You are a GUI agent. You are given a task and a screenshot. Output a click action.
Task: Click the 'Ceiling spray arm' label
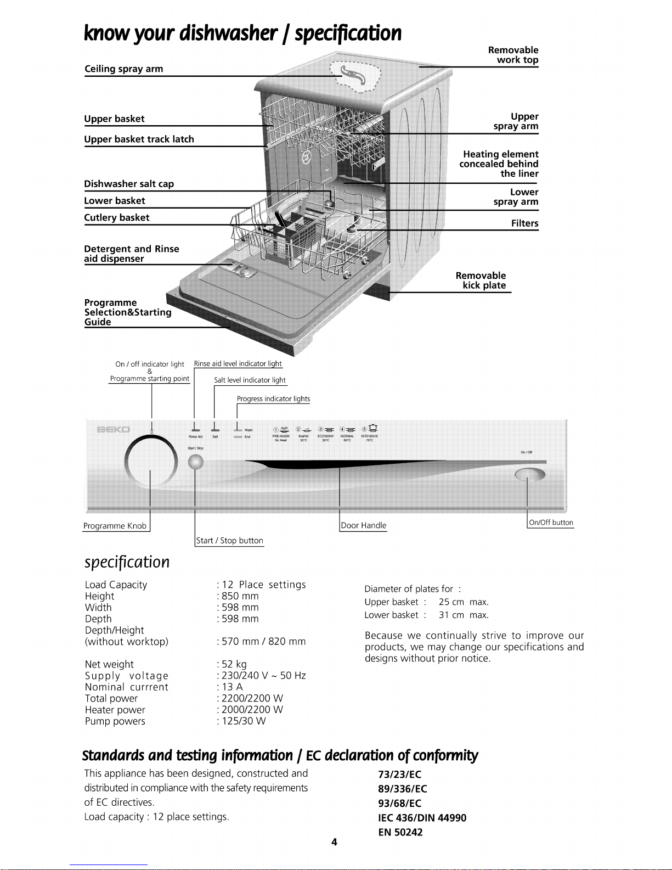click(x=123, y=69)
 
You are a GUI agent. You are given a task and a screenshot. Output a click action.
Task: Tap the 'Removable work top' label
click(x=513, y=55)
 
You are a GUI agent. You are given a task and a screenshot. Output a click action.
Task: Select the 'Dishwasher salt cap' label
click(x=129, y=184)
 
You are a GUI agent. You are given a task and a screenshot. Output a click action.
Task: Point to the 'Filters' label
click(x=524, y=223)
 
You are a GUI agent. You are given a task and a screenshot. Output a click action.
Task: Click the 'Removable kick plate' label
click(x=481, y=280)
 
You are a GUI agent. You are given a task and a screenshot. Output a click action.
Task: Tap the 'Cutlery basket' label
click(x=116, y=217)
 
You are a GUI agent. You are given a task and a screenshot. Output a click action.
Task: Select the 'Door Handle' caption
click(x=364, y=525)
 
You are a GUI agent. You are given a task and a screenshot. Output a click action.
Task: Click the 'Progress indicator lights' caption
click(x=273, y=399)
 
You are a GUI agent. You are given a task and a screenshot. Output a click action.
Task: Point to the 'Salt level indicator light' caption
click(x=250, y=380)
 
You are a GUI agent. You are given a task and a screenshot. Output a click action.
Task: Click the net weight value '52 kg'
click(x=234, y=664)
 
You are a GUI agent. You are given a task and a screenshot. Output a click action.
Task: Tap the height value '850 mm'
click(x=240, y=596)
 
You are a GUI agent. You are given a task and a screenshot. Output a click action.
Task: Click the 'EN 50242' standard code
click(x=400, y=832)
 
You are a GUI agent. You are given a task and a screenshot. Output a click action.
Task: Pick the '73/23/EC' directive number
click(x=400, y=774)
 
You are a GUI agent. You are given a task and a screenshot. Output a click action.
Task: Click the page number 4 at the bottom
click(x=334, y=842)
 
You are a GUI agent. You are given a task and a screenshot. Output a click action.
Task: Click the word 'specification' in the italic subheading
click(x=127, y=562)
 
